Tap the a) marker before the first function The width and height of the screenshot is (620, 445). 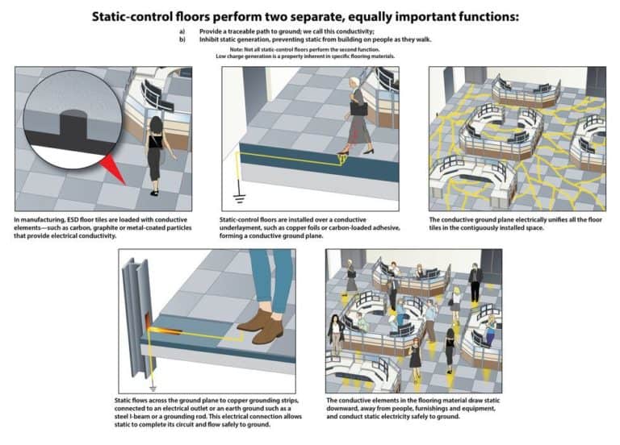click(x=182, y=31)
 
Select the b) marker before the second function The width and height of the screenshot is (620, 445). click(x=182, y=38)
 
